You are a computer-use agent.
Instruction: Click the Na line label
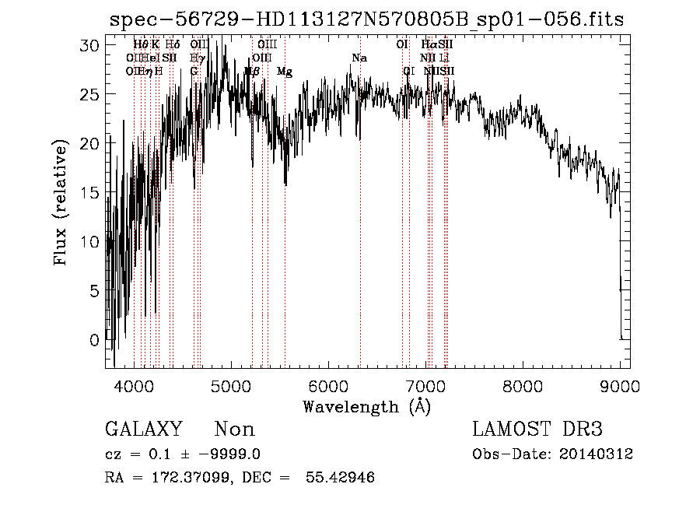(x=359, y=58)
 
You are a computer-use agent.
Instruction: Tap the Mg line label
(x=285, y=72)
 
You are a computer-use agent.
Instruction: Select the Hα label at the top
(x=427, y=45)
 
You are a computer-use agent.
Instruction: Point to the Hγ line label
(x=198, y=58)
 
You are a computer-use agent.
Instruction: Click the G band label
(x=194, y=72)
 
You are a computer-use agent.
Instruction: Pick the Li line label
(x=444, y=58)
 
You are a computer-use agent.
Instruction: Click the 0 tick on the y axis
(x=95, y=339)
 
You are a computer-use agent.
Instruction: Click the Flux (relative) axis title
(x=61, y=203)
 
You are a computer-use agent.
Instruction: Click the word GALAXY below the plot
(x=143, y=430)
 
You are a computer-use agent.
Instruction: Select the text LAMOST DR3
(x=537, y=430)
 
